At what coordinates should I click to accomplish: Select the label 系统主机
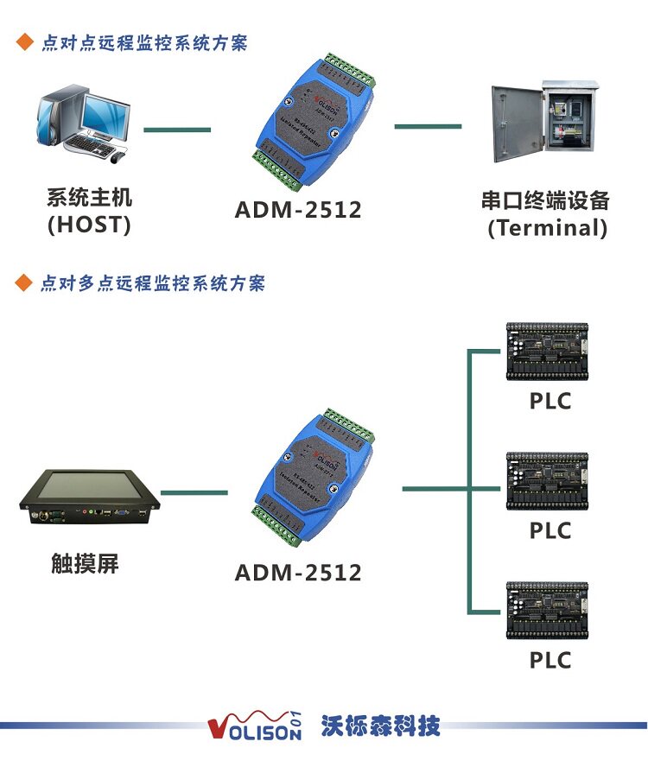tap(89, 197)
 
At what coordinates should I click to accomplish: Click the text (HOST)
tap(89, 225)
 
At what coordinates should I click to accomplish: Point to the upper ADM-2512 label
tap(298, 210)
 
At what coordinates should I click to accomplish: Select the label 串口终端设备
tap(546, 201)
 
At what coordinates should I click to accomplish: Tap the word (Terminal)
tap(547, 229)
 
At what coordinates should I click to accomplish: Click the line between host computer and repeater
tap(177, 130)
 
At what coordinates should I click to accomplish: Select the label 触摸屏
tap(84, 564)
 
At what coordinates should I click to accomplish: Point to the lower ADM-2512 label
tap(298, 573)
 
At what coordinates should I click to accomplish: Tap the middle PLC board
tap(548, 480)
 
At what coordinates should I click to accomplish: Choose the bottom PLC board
tap(548, 611)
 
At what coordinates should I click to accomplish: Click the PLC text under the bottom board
tap(550, 661)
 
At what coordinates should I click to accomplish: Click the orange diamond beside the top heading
tap(24, 41)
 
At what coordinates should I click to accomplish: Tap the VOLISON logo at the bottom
tap(255, 727)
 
